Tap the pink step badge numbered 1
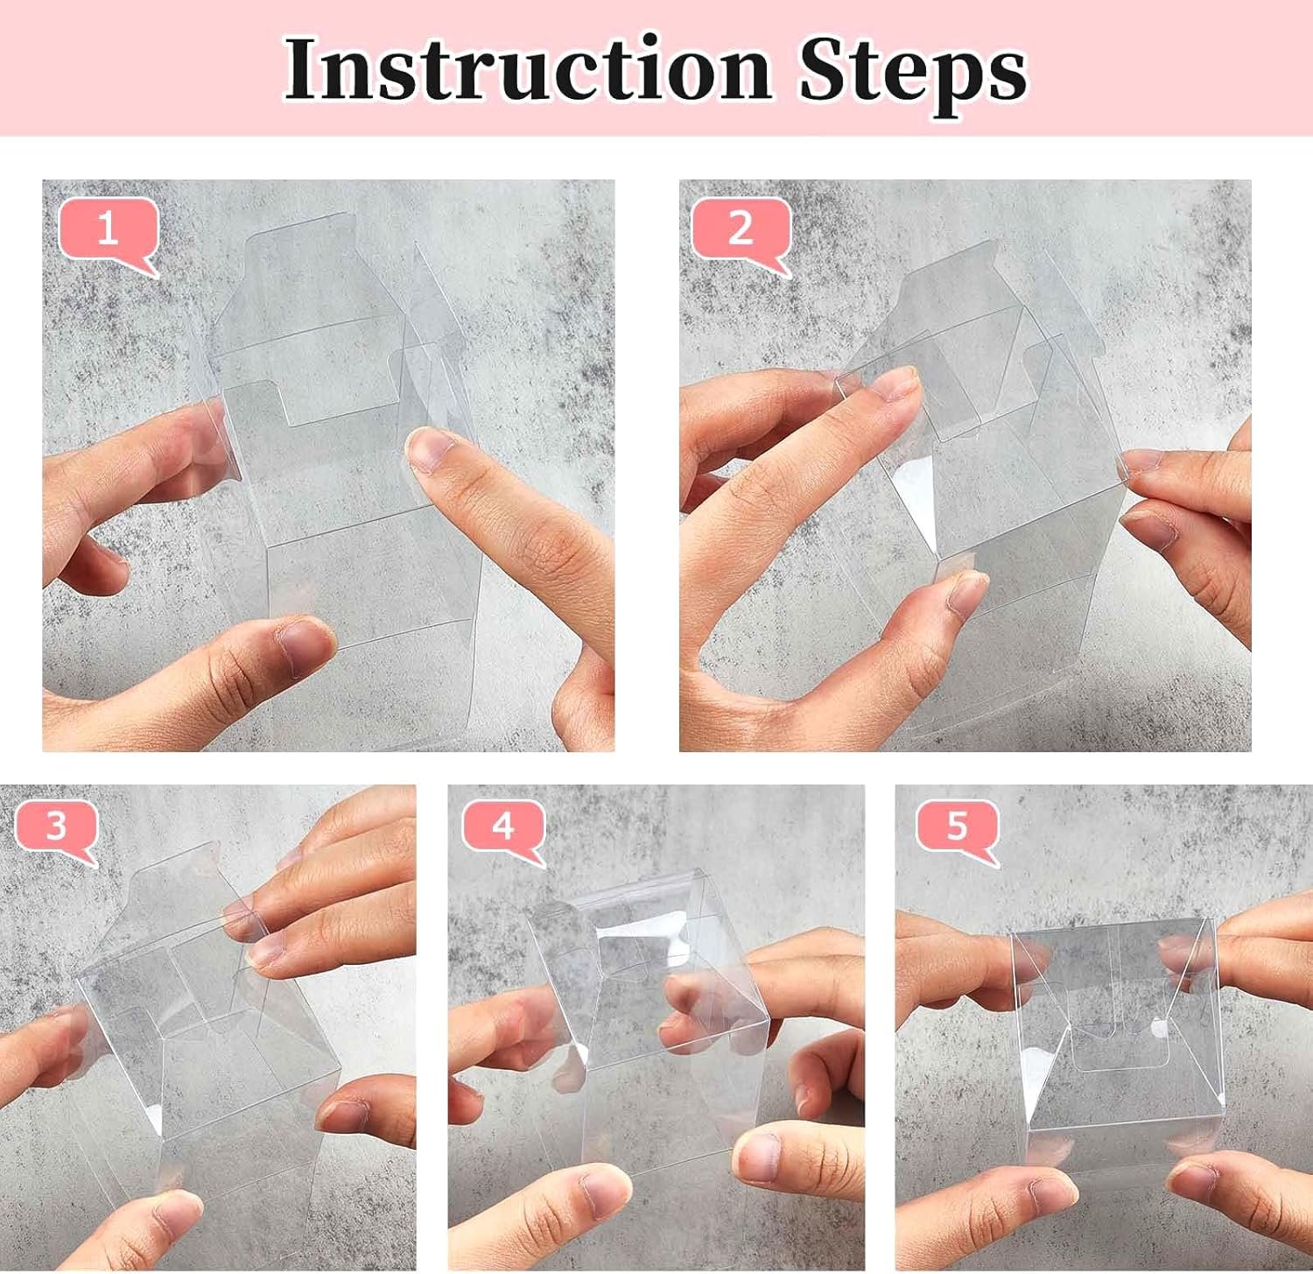pos(107,229)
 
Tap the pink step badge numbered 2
pos(741,229)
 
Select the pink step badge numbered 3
pos(55,826)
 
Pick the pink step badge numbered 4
pos(502,826)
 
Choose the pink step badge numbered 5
pos(957,826)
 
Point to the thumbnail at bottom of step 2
pos(967,593)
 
